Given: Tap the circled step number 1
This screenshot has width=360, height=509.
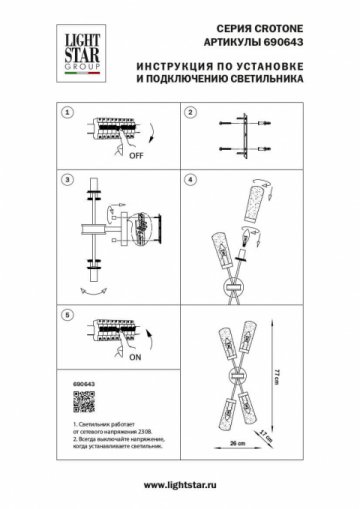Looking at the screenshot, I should pyautogui.click(x=68, y=115).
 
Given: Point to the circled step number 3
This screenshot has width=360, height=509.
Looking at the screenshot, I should pyautogui.click(x=68, y=180).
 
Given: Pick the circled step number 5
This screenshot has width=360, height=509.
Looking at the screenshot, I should pyautogui.click(x=68, y=314).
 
